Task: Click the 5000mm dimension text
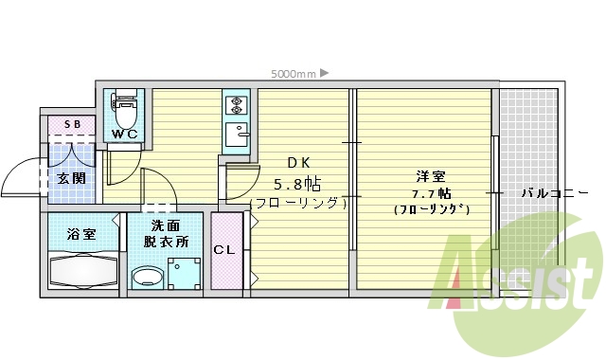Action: tap(293, 73)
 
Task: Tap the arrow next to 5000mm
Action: tap(324, 73)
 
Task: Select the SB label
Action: tap(71, 125)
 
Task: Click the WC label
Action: tap(125, 134)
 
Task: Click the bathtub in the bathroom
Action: tap(83, 270)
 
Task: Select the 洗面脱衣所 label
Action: tap(166, 234)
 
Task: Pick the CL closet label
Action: tap(224, 251)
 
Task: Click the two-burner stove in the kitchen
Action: tap(236, 103)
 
